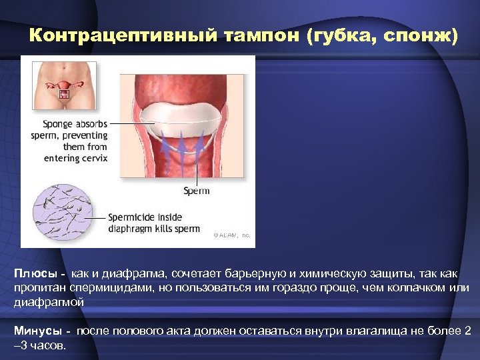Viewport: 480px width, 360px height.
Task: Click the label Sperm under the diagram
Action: tap(196, 191)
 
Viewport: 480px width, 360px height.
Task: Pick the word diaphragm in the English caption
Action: tap(131, 229)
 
